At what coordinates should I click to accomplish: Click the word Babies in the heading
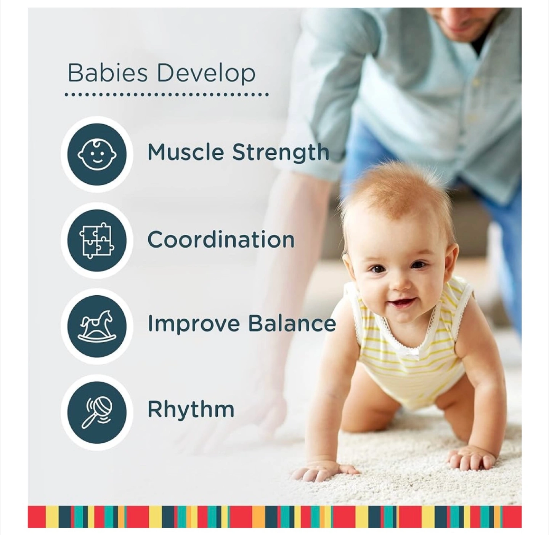(x=108, y=73)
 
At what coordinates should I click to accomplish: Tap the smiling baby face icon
(x=97, y=155)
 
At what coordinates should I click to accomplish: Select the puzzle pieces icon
(x=97, y=240)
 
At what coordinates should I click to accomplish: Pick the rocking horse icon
(x=97, y=327)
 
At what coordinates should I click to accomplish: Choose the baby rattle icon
(x=97, y=413)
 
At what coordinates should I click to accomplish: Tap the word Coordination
(x=221, y=239)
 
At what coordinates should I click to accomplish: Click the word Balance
(x=292, y=323)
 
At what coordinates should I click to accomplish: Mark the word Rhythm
(x=191, y=410)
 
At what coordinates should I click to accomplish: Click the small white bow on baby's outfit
(x=415, y=351)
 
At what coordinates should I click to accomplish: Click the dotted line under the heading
(x=167, y=95)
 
